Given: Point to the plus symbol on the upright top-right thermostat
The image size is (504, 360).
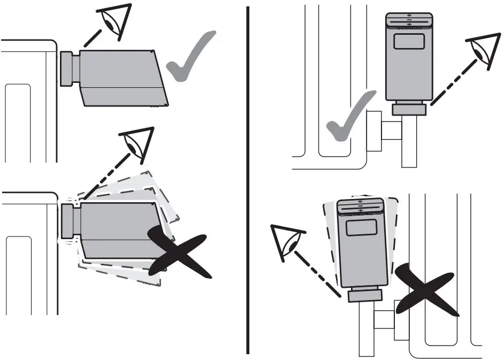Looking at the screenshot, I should coord(409,25).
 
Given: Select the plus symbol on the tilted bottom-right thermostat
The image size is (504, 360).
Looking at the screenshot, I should coord(361,211).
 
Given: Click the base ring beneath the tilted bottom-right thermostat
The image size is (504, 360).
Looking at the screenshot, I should coord(365,295).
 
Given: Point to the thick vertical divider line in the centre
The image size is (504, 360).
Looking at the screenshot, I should coord(248,180).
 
